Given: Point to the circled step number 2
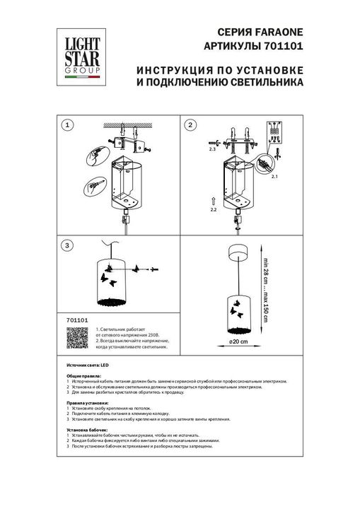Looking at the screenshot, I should tap(190, 125).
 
